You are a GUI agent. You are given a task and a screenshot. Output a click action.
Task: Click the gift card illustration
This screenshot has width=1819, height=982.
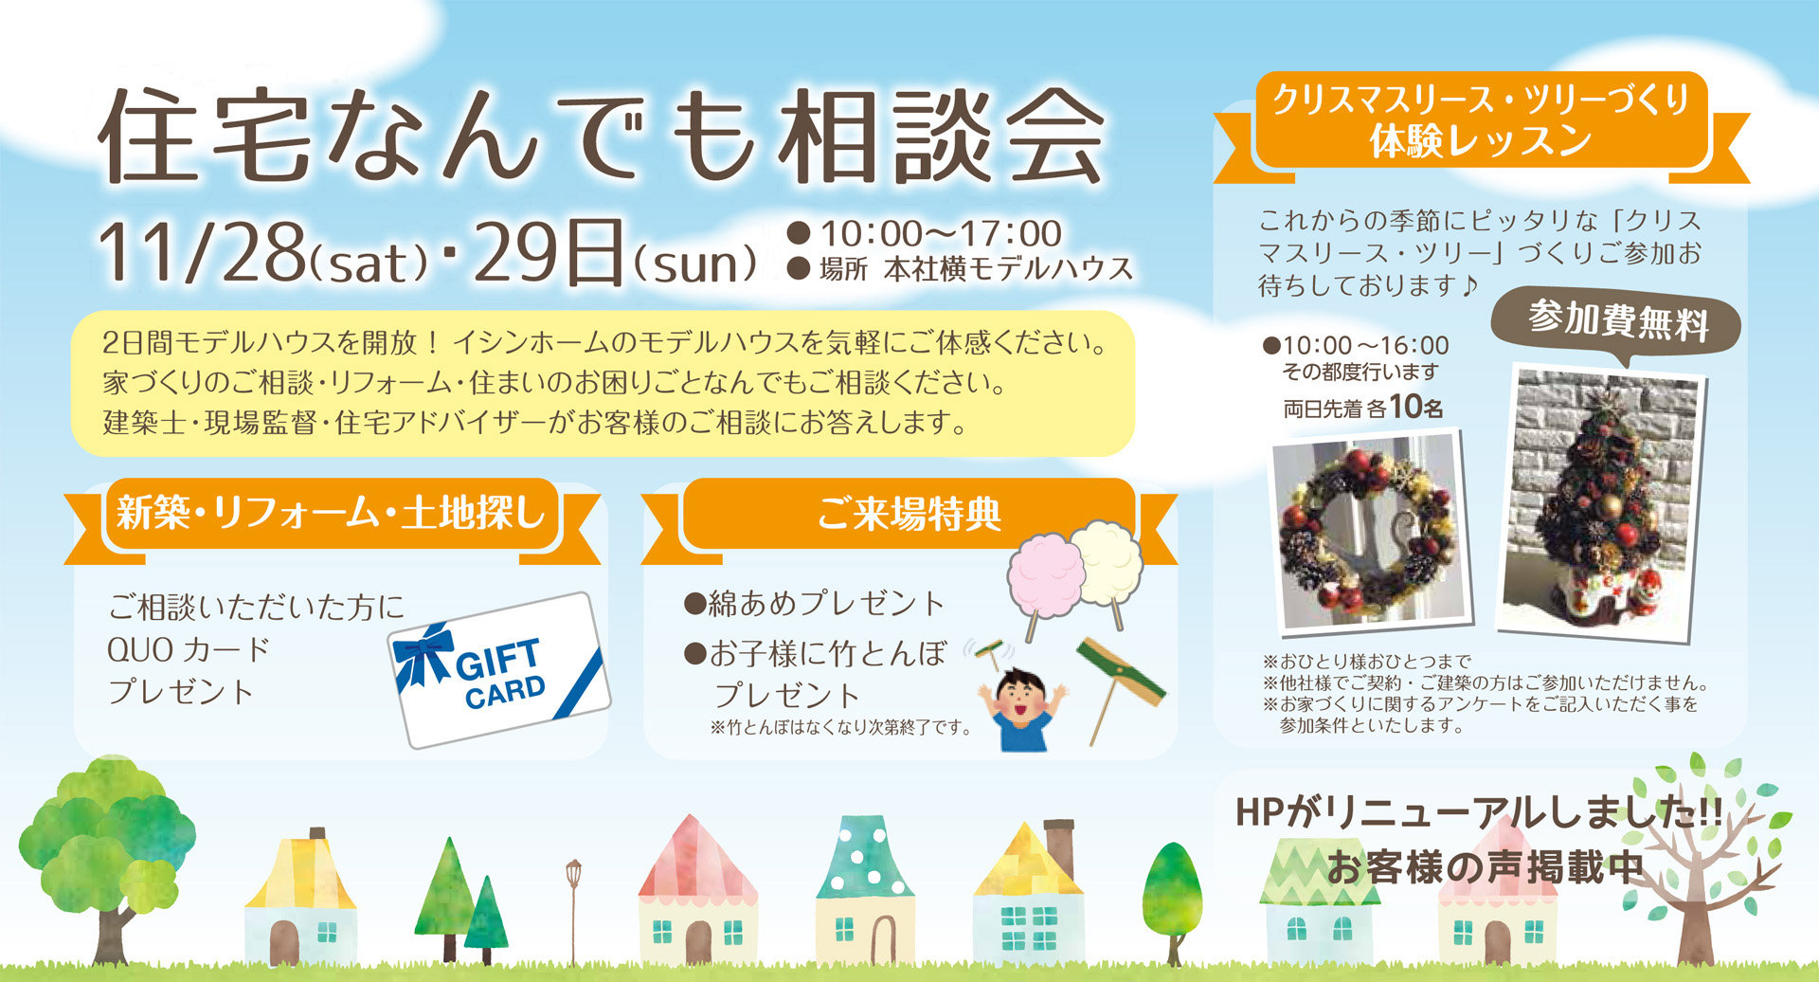coord(499,669)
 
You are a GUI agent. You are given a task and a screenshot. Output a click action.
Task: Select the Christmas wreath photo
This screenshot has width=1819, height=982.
coord(1370,532)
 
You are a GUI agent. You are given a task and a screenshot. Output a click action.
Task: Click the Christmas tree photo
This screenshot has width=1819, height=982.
coord(1602,502)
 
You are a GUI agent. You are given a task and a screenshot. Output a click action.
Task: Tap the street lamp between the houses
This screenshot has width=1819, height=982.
coord(573,910)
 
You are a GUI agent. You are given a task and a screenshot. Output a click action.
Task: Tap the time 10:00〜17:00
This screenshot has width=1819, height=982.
coord(941,233)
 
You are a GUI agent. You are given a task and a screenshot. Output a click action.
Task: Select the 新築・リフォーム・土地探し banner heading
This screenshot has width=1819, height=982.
coord(331,514)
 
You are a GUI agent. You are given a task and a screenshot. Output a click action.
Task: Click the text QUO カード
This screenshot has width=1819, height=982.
coord(189,650)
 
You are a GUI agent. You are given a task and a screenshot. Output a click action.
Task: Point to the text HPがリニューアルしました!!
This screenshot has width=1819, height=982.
coord(1479,813)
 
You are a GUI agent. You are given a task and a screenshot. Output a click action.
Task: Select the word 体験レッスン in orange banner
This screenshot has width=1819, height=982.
coord(1480,142)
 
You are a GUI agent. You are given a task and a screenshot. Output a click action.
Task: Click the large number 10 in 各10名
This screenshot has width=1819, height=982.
coord(1406,407)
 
